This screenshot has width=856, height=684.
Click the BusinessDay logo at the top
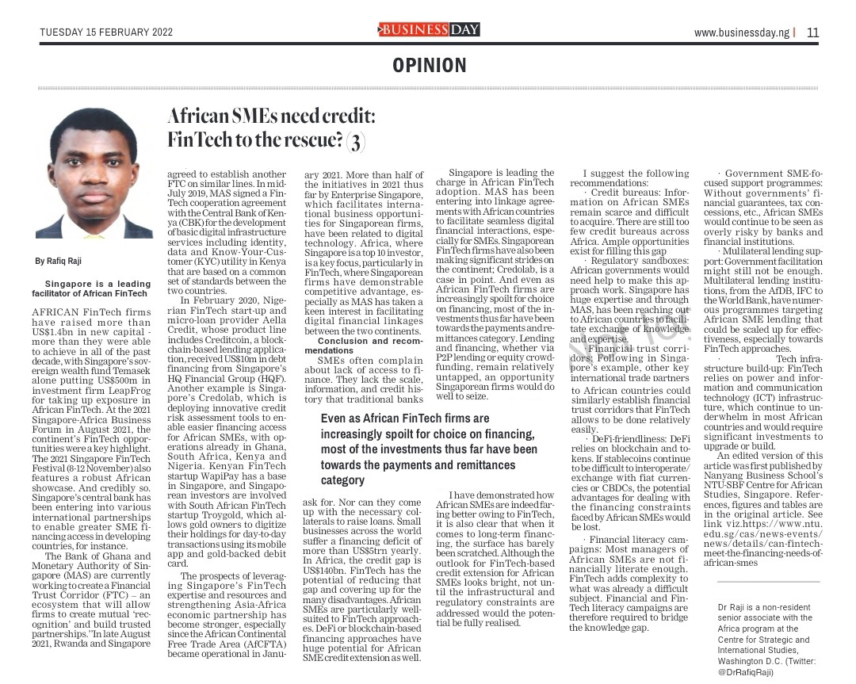(x=429, y=30)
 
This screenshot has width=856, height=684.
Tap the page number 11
(x=813, y=32)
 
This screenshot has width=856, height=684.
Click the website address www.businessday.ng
(x=742, y=32)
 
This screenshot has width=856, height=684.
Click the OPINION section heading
(x=430, y=66)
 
